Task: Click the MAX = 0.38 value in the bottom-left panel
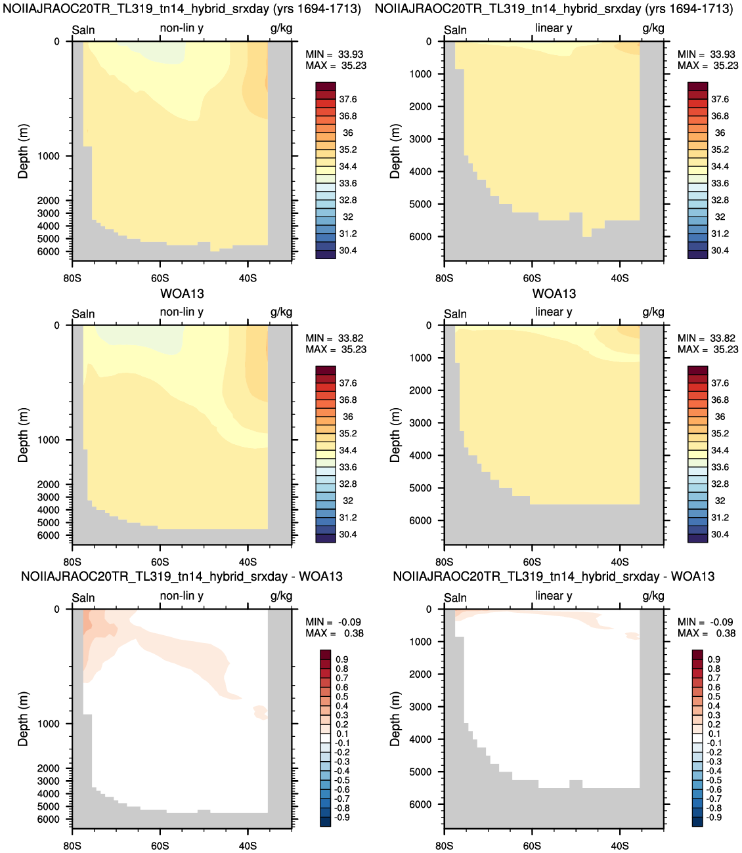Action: click(x=335, y=633)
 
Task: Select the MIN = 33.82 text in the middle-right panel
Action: click(x=707, y=338)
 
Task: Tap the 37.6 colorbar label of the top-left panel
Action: click(x=347, y=99)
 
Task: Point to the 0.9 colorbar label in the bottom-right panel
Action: click(x=714, y=659)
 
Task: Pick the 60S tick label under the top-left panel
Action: click(x=160, y=278)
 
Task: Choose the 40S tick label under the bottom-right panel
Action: click(x=620, y=846)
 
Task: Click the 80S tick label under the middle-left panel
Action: click(x=72, y=562)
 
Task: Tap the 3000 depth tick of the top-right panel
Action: click(x=420, y=139)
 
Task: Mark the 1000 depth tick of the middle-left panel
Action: click(x=49, y=440)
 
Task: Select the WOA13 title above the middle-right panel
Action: click(x=554, y=293)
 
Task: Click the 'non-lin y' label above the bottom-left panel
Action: click(x=181, y=596)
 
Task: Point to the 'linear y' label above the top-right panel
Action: click(x=554, y=28)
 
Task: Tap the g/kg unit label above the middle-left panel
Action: click(x=281, y=313)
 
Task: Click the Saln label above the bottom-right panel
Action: click(x=455, y=598)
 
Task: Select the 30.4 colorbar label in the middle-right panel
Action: click(x=720, y=535)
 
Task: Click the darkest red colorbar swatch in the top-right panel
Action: click(x=697, y=87)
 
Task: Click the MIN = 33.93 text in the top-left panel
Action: click(x=334, y=54)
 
